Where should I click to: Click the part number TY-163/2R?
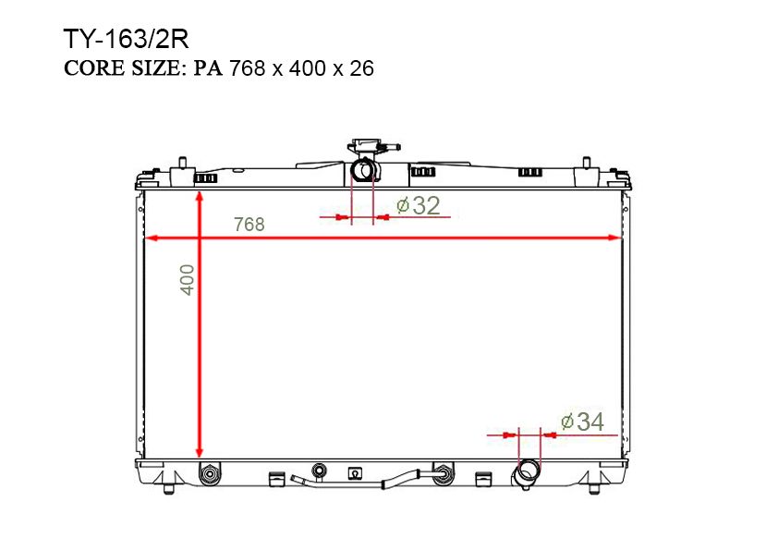coord(126,39)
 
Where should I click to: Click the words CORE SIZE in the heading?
coord(124,68)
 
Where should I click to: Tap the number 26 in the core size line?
coord(361,68)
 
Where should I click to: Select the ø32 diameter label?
coord(419,205)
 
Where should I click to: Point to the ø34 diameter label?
coord(582,422)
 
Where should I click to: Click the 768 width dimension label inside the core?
coord(249,225)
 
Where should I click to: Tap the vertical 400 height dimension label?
coord(187,280)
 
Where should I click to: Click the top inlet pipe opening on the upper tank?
coord(362,170)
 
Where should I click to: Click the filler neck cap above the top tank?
coord(367,147)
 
